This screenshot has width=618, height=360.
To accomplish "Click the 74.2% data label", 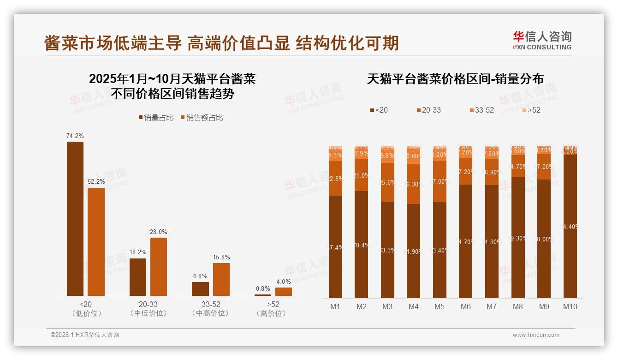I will (75, 136).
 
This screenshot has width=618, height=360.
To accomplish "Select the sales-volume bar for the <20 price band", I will (75, 219).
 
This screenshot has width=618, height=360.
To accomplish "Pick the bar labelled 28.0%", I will (159, 266).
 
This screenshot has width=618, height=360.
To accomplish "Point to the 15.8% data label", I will (221, 258).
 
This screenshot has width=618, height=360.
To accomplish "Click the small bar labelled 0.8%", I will (263, 294).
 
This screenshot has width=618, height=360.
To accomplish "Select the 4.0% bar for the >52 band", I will (284, 291).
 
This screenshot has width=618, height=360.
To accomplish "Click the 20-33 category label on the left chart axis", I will (148, 305).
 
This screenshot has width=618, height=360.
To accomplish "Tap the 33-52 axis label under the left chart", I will (211, 305).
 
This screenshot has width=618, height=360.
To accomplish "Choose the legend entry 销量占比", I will (156, 118).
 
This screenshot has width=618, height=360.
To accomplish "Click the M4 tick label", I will (413, 306).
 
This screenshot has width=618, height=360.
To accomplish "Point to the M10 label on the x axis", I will (570, 306).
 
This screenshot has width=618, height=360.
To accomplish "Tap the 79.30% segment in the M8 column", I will (518, 238).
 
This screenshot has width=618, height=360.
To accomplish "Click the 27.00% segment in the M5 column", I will (440, 181).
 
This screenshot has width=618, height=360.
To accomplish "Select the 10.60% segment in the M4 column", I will (413, 156).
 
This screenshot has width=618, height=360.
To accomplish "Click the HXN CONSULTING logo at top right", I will (542, 40).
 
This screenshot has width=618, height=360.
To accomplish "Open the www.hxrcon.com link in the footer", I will (536, 335).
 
